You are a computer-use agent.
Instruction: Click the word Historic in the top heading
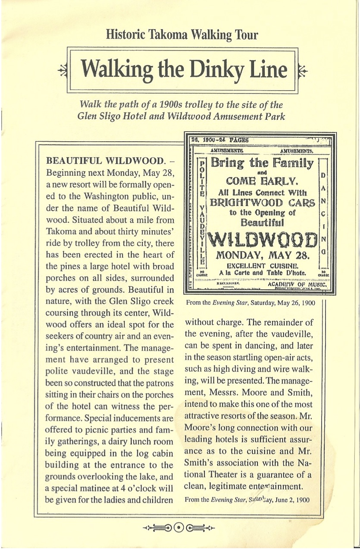point(125,35)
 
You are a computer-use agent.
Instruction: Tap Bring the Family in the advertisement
point(262,163)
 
